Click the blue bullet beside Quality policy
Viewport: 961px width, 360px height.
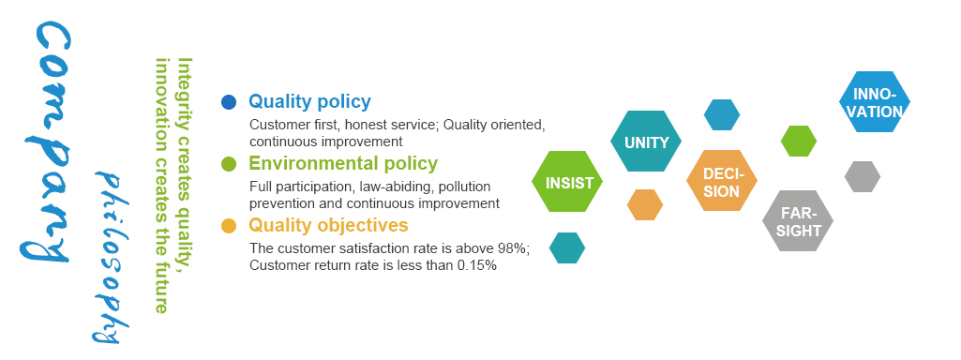[x=229, y=102]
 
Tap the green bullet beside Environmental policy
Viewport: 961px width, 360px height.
[x=229, y=164]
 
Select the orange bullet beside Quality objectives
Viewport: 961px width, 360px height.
[x=229, y=226]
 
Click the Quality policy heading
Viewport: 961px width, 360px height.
[x=309, y=102]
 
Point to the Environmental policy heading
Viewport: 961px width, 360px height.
[x=343, y=164]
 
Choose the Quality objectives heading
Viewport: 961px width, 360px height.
[x=328, y=225]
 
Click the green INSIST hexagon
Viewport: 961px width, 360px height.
[x=567, y=182]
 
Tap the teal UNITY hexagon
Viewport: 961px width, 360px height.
[x=646, y=142]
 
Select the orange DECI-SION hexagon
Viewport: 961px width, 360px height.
[x=722, y=181]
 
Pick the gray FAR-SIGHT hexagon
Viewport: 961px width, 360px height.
[x=798, y=221]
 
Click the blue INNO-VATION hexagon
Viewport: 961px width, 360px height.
[x=875, y=102]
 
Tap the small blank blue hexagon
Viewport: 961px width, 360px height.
[x=722, y=114]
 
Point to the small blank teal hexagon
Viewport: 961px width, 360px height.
[x=567, y=247]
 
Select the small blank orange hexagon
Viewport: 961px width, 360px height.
[x=645, y=204]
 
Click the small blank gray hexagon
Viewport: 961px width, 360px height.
[x=863, y=176]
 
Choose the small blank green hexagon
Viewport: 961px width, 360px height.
[x=799, y=141]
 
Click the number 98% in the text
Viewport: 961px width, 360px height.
[x=513, y=249]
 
